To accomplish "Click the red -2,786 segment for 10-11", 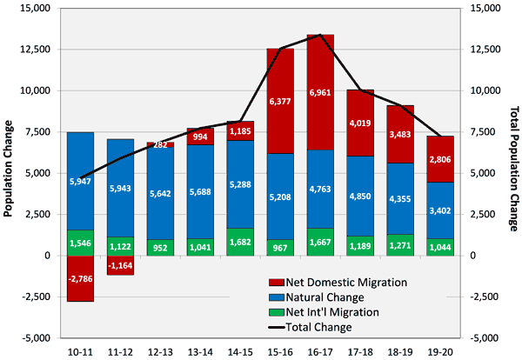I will [80, 278].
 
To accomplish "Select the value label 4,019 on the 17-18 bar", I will [360, 123].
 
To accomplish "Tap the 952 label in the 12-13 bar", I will [160, 246].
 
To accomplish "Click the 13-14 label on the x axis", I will [200, 350].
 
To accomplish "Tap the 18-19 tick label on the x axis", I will [400, 350].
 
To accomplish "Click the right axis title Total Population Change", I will [513, 173].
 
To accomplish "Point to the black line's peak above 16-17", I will [320, 35].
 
